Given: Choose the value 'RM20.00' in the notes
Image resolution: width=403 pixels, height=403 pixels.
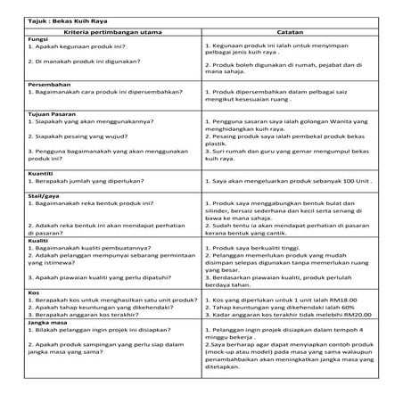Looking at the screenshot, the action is tap(350, 317).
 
